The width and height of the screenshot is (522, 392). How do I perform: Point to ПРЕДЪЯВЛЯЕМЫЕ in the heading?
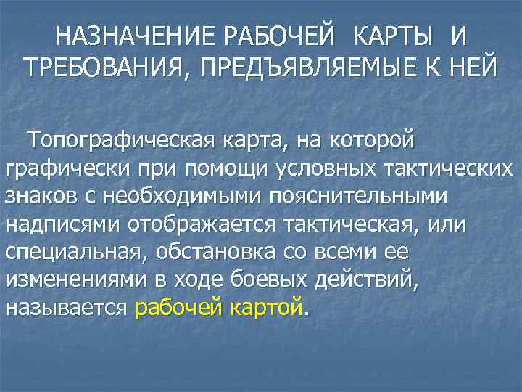pos(309,68)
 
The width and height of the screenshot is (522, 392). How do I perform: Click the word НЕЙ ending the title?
pos(468,68)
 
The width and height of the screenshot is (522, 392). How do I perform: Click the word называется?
pos(68,308)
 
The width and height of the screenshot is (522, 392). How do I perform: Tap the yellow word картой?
pos(265,308)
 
